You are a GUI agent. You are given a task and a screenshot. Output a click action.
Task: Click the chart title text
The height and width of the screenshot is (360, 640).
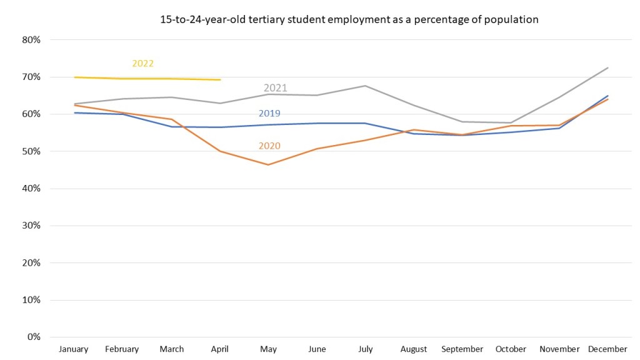(349, 19)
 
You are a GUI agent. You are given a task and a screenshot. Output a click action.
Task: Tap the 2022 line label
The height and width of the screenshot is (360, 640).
(142, 63)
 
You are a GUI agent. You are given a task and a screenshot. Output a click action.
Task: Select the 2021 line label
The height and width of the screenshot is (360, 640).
(275, 87)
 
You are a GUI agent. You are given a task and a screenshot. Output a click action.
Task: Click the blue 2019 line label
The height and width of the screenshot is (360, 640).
(269, 114)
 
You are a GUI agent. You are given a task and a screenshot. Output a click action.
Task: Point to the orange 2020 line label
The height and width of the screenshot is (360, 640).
(269, 146)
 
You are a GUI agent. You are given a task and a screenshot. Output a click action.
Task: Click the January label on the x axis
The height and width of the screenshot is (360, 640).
(74, 349)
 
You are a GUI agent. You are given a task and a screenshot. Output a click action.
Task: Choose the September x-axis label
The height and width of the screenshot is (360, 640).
(462, 349)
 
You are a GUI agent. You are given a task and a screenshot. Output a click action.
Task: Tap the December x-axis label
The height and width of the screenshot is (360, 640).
(607, 349)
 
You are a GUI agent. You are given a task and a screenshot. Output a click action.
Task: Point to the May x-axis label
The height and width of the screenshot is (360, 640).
(268, 349)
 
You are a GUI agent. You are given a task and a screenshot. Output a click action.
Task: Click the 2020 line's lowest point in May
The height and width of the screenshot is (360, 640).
(268, 165)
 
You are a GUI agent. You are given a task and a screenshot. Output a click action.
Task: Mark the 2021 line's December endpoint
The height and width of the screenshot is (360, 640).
(608, 67)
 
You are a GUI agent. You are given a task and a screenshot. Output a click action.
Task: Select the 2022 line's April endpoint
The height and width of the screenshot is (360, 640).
(220, 80)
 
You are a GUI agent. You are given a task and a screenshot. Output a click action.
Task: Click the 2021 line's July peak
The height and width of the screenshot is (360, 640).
(365, 86)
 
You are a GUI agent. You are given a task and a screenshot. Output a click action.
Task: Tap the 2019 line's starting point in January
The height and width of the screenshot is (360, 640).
(74, 112)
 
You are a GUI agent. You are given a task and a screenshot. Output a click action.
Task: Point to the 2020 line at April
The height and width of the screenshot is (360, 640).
(220, 151)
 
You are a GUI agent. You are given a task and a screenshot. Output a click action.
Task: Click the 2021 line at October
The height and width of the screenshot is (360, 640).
(511, 122)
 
